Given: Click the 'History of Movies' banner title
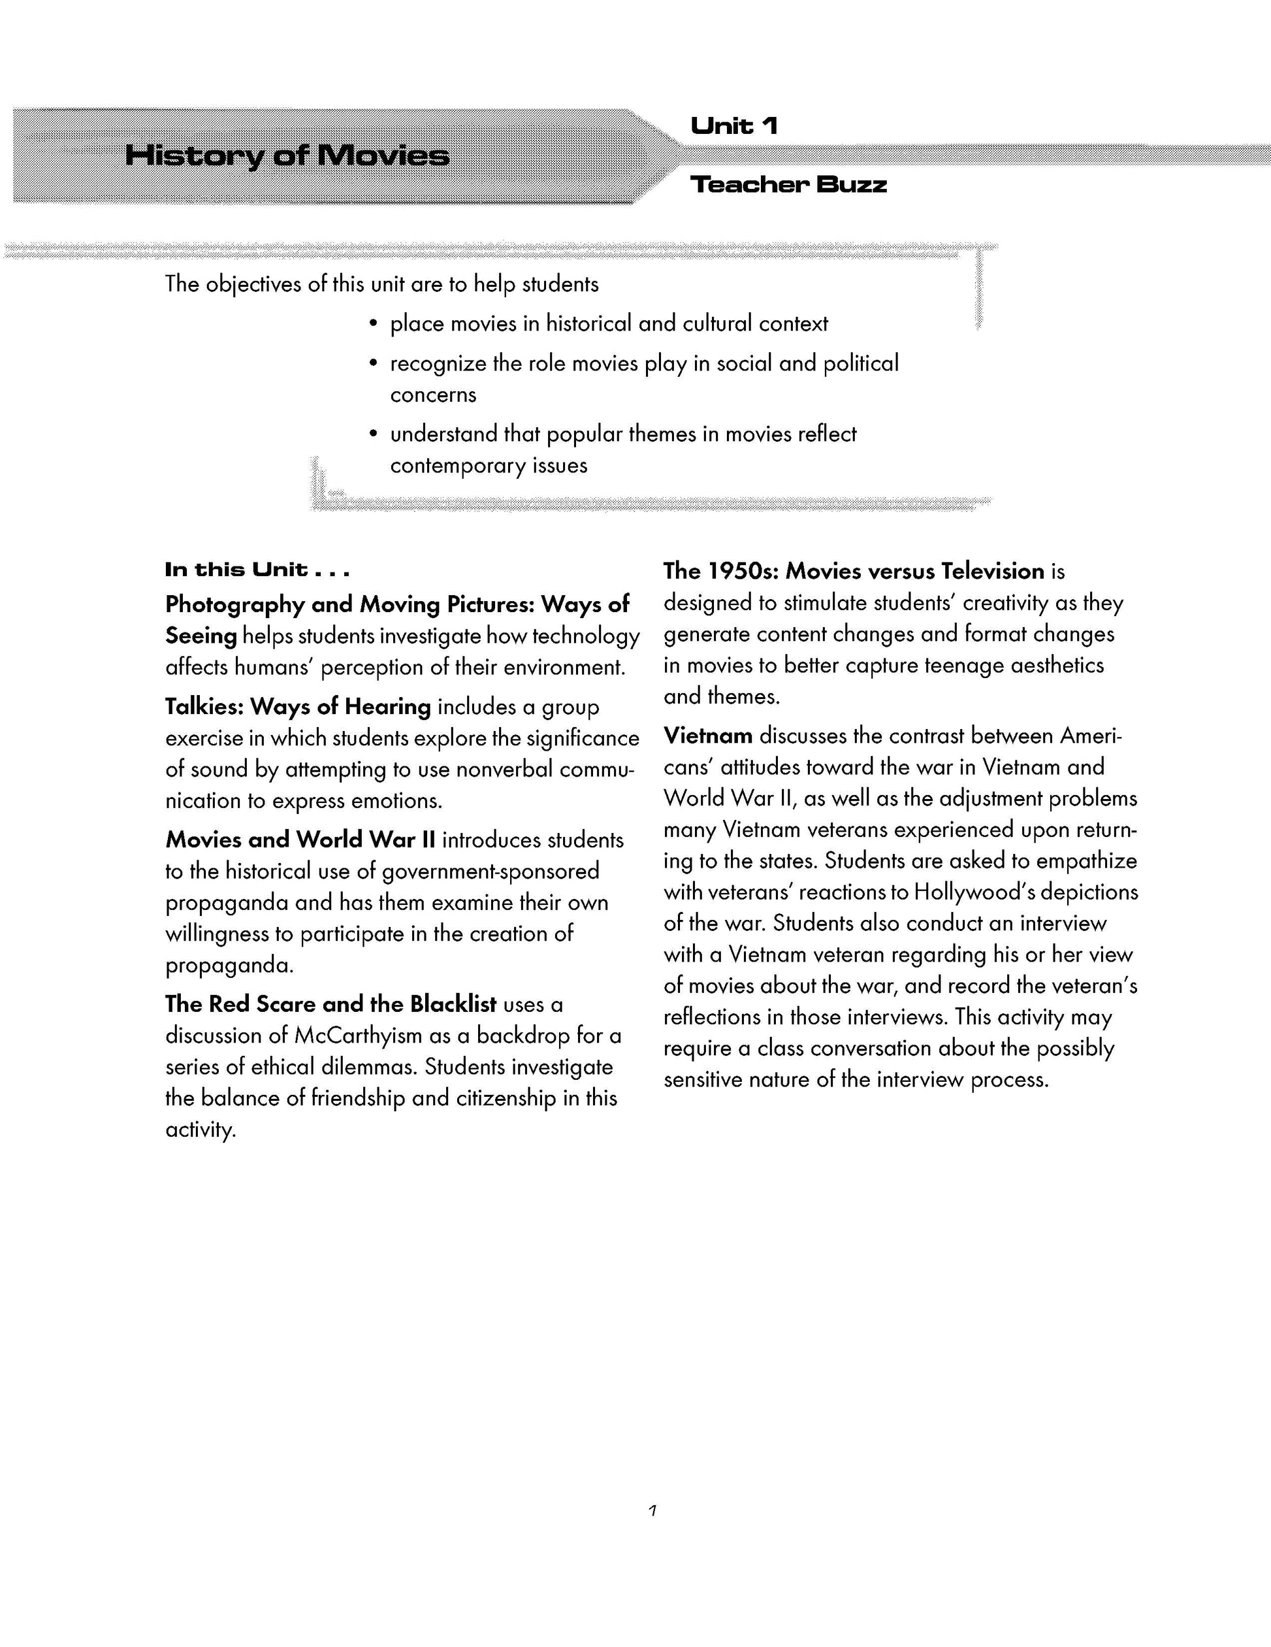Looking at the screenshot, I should tap(287, 155).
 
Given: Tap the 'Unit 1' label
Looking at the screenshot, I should tap(733, 125).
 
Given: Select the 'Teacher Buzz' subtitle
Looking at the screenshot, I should tap(788, 184).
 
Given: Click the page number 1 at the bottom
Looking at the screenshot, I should tap(653, 1510).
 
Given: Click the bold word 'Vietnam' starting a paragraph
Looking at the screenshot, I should tap(708, 735).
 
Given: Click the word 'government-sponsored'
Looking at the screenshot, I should tap(491, 872).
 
